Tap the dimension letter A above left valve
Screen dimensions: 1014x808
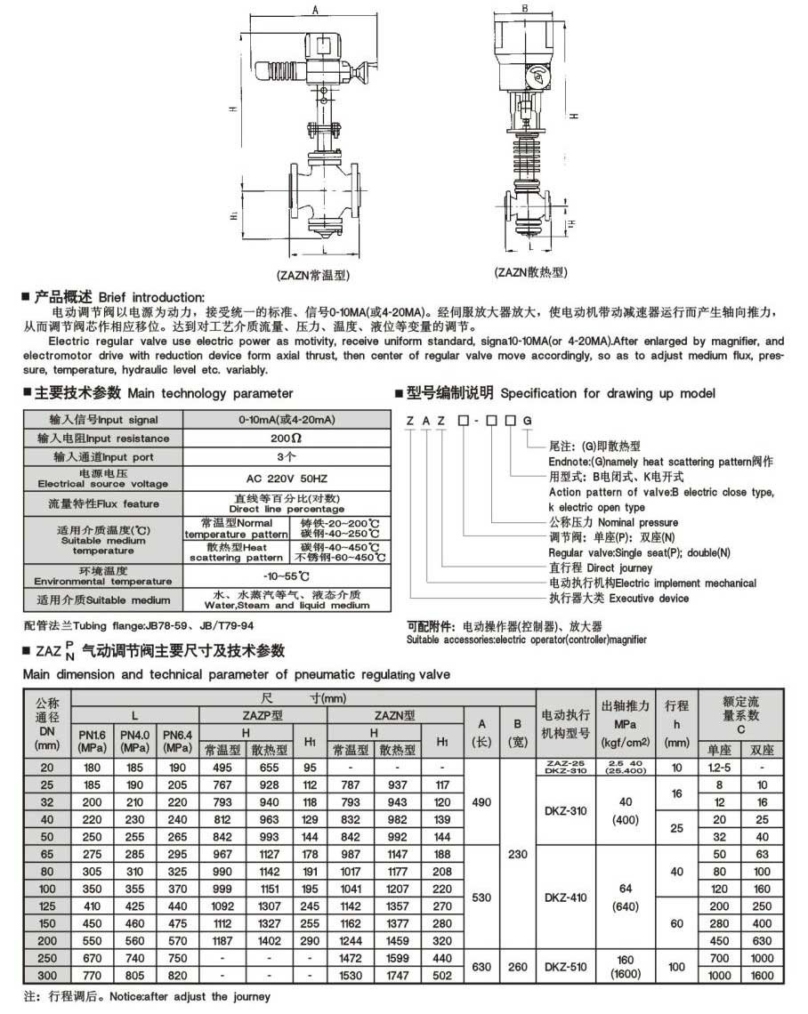[x=316, y=9]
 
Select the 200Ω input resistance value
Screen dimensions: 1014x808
[x=286, y=439]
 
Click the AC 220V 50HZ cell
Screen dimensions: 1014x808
[x=286, y=478]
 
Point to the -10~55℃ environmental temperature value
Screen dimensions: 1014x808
[x=286, y=575]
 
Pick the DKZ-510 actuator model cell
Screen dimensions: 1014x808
[x=565, y=967]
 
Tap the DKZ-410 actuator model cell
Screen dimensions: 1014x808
[x=565, y=897]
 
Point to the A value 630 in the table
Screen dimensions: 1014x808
[x=481, y=967]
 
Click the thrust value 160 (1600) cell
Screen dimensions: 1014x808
[x=627, y=967]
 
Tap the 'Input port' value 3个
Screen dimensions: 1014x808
[x=286, y=457]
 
